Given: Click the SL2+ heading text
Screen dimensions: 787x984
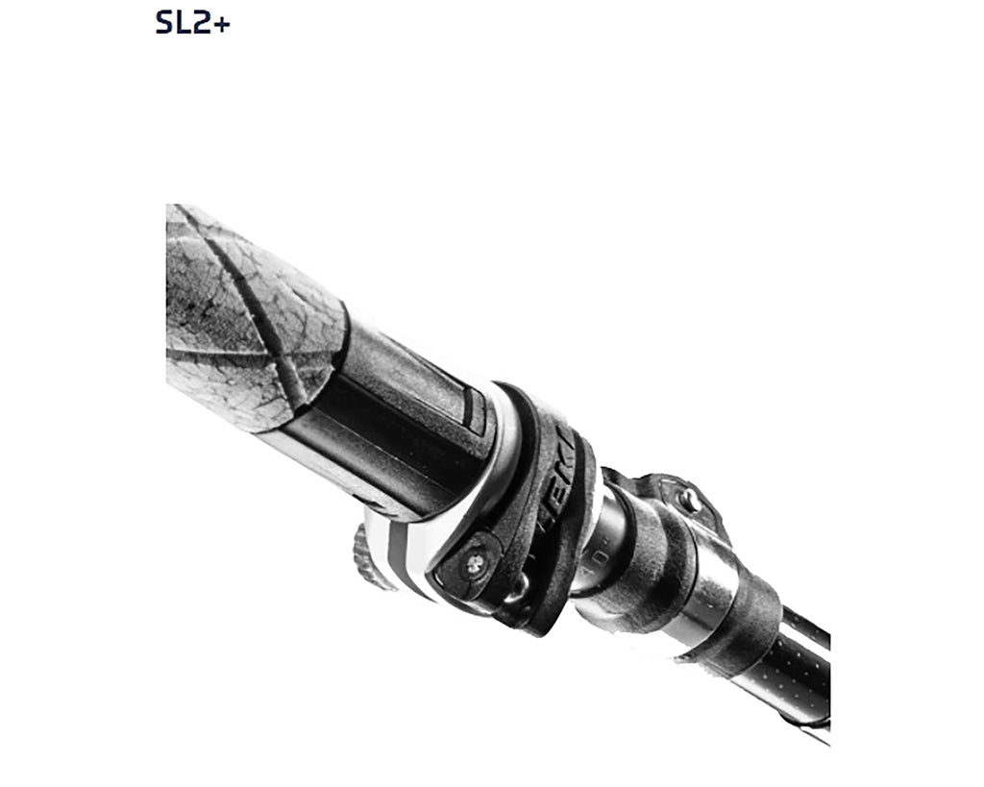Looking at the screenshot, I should coord(192,22).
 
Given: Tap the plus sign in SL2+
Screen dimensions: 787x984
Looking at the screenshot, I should coord(220,23).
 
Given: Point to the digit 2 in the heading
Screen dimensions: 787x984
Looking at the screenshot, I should coord(201,22).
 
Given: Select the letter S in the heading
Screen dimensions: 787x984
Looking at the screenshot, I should coord(164,22).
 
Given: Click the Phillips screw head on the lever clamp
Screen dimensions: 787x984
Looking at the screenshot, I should coord(473,565).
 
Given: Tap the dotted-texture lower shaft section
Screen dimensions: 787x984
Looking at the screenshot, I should coord(802,673).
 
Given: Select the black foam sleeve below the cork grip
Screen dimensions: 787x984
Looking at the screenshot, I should coord(404,423).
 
